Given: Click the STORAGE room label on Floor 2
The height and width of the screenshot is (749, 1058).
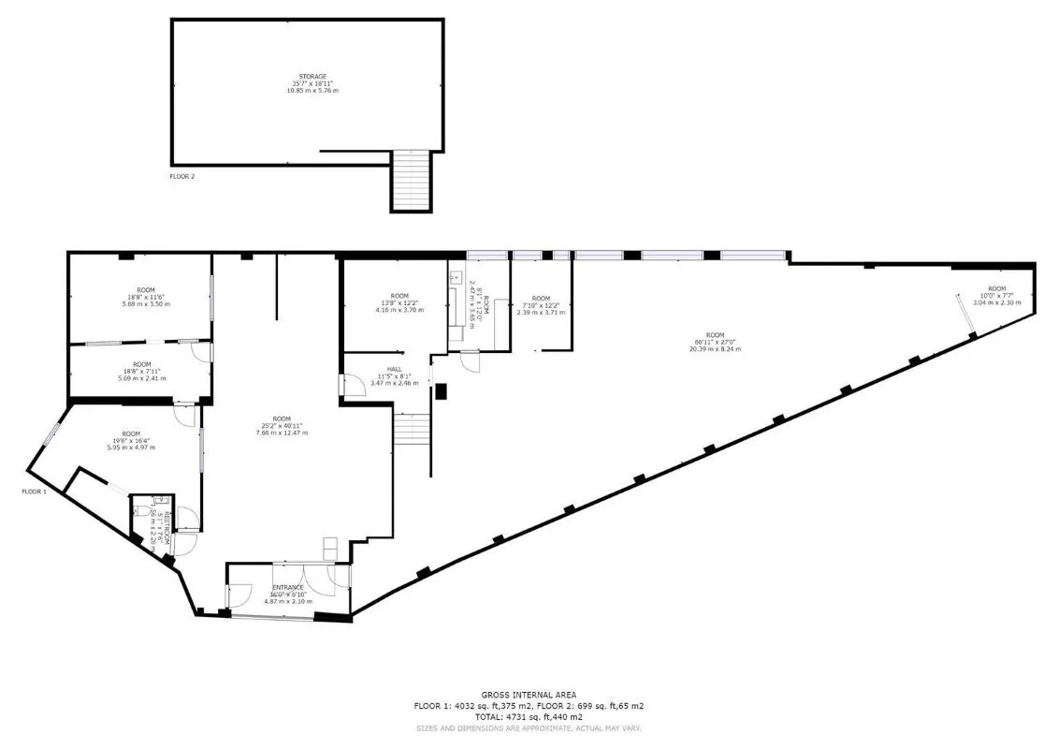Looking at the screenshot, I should pyautogui.click(x=312, y=76).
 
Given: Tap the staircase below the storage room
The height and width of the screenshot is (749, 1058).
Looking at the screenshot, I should pyautogui.click(x=412, y=181).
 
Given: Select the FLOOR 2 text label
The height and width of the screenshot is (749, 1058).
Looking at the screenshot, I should pyautogui.click(x=181, y=176).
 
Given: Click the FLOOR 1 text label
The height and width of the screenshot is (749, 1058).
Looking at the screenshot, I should pyautogui.click(x=36, y=491).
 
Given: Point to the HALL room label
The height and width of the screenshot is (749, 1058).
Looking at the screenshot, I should pyautogui.click(x=394, y=369).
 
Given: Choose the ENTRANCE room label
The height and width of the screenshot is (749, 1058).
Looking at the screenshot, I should pyautogui.click(x=288, y=587).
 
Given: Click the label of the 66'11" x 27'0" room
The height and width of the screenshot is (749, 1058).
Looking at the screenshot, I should pyautogui.click(x=715, y=335).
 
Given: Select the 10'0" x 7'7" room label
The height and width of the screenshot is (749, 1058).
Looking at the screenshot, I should pyautogui.click(x=996, y=288).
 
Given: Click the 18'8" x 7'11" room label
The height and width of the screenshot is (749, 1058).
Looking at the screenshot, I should pyautogui.click(x=141, y=364).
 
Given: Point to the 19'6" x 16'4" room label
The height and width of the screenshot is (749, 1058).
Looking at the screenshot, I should pyautogui.click(x=130, y=433).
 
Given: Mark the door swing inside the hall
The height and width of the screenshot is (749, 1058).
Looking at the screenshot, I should pyautogui.click(x=354, y=385).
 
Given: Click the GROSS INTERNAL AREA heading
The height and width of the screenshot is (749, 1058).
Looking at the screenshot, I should pyautogui.click(x=529, y=694).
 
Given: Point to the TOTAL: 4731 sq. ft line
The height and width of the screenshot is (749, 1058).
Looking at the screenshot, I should pyautogui.click(x=529, y=716).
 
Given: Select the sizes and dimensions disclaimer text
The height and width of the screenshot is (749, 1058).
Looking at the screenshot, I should pyautogui.click(x=529, y=727).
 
